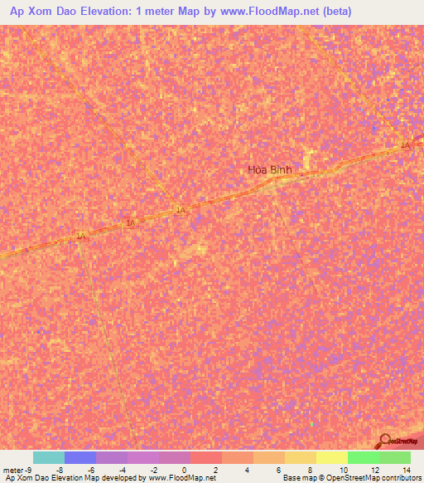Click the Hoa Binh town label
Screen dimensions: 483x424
pyautogui.click(x=270, y=170)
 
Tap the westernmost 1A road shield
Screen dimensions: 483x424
pyautogui.click(x=80, y=237)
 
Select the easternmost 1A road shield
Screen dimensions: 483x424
pyautogui.click(x=405, y=146)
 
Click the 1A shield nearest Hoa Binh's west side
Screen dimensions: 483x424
pyautogui.click(x=180, y=211)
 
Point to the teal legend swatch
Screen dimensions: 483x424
pyautogui.click(x=49, y=457)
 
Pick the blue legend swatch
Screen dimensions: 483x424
pyautogui.click(x=80, y=457)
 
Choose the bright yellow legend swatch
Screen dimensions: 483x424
pyautogui.click(x=331, y=457)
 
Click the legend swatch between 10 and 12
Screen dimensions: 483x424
pyautogui.click(x=363, y=457)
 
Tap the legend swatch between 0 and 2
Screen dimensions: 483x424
pyautogui.click(x=205, y=457)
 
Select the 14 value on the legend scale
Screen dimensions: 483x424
pyautogui.click(x=406, y=469)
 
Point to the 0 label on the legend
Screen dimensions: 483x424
pyautogui.click(x=184, y=469)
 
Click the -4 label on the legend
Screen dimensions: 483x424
pyautogui.click(x=121, y=469)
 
